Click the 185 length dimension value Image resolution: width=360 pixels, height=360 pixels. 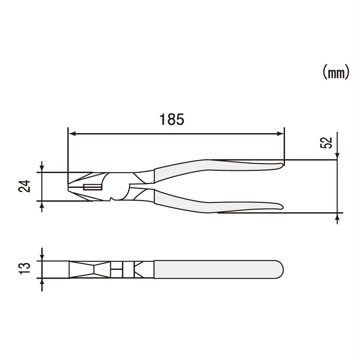coord(172,120)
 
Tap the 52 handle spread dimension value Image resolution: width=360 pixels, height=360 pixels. coord(327,143)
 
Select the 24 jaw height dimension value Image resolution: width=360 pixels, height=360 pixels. coord(25,186)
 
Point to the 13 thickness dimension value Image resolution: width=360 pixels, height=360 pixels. coord(25,269)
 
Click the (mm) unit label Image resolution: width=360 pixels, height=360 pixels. coord(336,72)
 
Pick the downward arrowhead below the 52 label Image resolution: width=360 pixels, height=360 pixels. coord(337,156)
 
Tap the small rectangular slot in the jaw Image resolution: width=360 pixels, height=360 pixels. coord(92,187)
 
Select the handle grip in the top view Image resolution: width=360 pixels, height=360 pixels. coord(214,269)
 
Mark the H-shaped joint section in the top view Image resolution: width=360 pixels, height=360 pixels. coord(117,270)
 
